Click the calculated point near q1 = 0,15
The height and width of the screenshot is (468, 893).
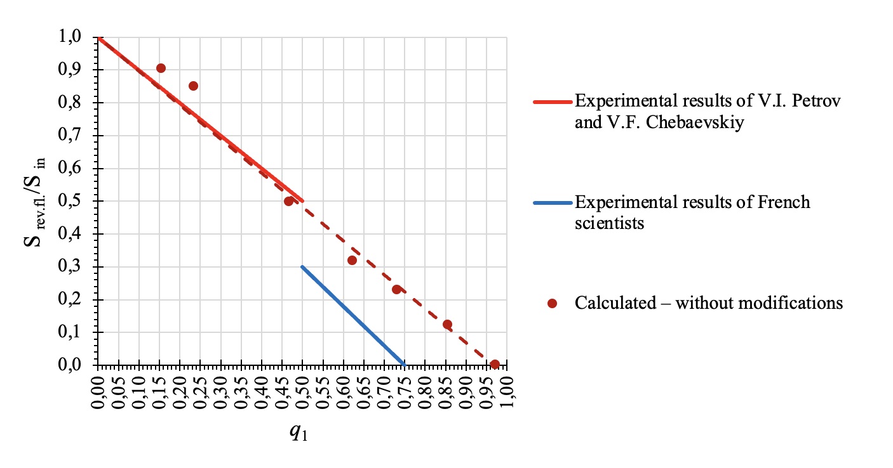point(161,68)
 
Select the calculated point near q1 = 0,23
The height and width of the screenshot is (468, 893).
point(194,86)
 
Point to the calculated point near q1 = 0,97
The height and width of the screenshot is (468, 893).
point(495,364)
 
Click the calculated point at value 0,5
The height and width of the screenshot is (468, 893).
point(289,201)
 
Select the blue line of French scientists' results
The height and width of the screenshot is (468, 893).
point(353,316)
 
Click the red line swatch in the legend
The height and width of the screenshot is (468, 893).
point(552,101)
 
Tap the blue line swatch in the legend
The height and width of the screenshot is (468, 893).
point(552,203)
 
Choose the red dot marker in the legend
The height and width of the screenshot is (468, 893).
point(552,304)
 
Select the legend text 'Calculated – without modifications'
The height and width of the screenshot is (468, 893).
point(709,303)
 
